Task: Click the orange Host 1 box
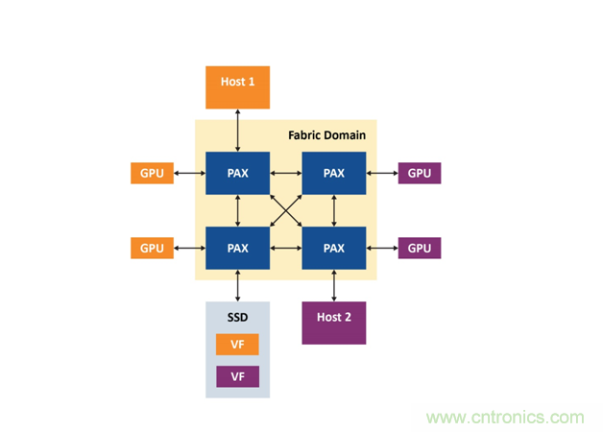pyautogui.click(x=238, y=87)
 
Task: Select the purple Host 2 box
pyautogui.click(x=334, y=323)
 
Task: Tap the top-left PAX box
pyautogui.click(x=238, y=174)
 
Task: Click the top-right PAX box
pyautogui.click(x=334, y=174)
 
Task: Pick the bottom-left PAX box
pyautogui.click(x=238, y=249)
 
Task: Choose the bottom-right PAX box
pyautogui.click(x=334, y=249)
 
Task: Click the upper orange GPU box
pyautogui.click(x=152, y=174)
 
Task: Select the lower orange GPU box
pyautogui.click(x=152, y=249)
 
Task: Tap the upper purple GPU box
pyautogui.click(x=420, y=174)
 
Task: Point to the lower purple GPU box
pyautogui.click(x=420, y=249)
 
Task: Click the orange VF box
pyautogui.click(x=238, y=344)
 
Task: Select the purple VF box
pyautogui.click(x=238, y=375)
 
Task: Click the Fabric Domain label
pyautogui.click(x=326, y=135)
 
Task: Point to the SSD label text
pyautogui.click(x=238, y=316)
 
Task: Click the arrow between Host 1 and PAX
pyautogui.click(x=238, y=130)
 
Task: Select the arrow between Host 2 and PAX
pyautogui.click(x=334, y=286)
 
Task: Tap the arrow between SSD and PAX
pyautogui.click(x=238, y=286)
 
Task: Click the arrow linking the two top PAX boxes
pyautogui.click(x=286, y=174)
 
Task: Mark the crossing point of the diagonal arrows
pyautogui.click(x=286, y=211)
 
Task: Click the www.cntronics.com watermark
pyautogui.click(x=505, y=418)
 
